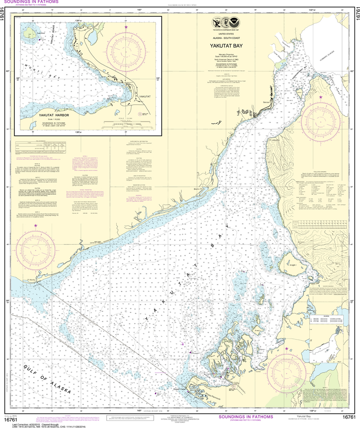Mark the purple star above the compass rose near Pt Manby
[36, 226]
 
